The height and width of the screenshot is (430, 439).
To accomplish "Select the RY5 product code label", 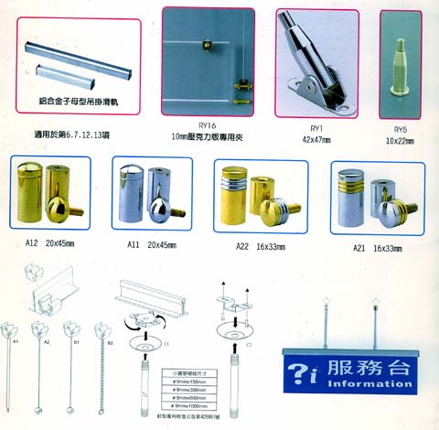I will click(399, 129).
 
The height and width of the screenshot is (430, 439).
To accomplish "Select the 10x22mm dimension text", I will click(399, 141).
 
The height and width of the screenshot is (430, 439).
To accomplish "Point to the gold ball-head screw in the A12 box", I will click(68, 203).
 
